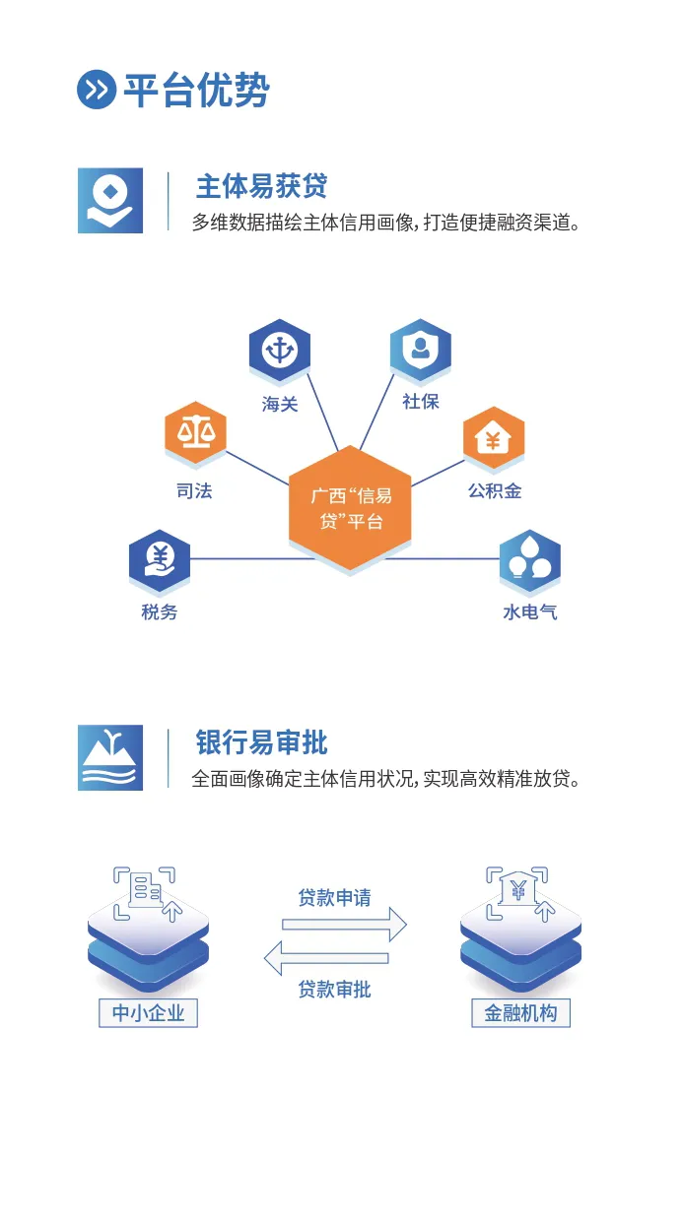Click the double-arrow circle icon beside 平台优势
[x=97, y=91]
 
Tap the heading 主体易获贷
[x=261, y=186]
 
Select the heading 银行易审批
[x=261, y=742]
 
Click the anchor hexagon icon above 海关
[x=279, y=350]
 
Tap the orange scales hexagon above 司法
[x=195, y=432]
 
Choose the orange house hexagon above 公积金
[x=494, y=438]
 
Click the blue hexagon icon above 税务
[x=159, y=559]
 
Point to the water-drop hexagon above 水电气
[x=530, y=560]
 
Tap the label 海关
[x=280, y=404]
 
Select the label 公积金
[x=495, y=490]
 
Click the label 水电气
[x=530, y=611]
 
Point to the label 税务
[x=159, y=611]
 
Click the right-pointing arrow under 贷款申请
[x=344, y=925]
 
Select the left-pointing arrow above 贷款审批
[x=326, y=957]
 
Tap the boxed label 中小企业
[x=148, y=1012]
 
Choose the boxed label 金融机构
[x=520, y=1012]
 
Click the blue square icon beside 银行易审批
[x=110, y=757]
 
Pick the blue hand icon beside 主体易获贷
[x=110, y=201]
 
